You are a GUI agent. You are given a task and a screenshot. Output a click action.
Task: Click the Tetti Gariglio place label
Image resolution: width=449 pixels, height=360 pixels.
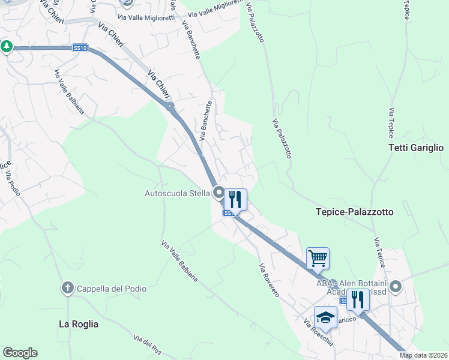[415, 148]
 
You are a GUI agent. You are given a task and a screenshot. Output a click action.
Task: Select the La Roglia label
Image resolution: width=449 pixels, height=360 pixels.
[78, 324]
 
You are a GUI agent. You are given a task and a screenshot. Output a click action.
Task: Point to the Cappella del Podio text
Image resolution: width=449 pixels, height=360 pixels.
[111, 289]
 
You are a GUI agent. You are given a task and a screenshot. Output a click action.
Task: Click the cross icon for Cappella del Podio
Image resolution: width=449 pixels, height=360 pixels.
[68, 289]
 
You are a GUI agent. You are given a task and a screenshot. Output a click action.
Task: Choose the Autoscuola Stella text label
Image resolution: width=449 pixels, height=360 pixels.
[176, 193]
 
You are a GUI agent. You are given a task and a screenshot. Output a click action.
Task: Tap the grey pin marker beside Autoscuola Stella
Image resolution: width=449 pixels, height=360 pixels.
[218, 193]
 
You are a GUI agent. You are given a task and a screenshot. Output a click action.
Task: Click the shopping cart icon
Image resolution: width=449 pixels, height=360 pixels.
[318, 259]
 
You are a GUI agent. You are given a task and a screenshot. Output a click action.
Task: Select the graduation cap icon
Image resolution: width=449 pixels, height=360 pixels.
[325, 317]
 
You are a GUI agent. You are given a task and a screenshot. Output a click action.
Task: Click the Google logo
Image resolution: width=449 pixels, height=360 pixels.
[20, 353]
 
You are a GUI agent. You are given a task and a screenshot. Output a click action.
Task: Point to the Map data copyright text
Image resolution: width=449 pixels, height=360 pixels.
[424, 355]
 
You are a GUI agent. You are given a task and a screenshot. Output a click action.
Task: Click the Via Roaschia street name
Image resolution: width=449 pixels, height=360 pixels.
[318, 333]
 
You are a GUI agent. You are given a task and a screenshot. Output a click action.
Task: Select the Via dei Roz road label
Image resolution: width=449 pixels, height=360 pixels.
[148, 346]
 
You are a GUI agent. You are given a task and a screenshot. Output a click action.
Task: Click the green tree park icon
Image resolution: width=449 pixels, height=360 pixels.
[7, 46]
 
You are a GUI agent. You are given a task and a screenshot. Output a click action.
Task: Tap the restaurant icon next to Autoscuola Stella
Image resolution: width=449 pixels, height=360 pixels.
[235, 199]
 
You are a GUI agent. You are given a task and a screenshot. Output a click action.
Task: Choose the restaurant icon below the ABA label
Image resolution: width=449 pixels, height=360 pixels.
[358, 299]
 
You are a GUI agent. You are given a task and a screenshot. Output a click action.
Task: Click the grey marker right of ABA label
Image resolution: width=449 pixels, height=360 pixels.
[395, 286]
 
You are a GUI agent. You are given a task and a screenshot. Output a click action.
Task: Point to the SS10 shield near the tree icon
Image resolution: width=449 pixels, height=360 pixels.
[80, 47]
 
